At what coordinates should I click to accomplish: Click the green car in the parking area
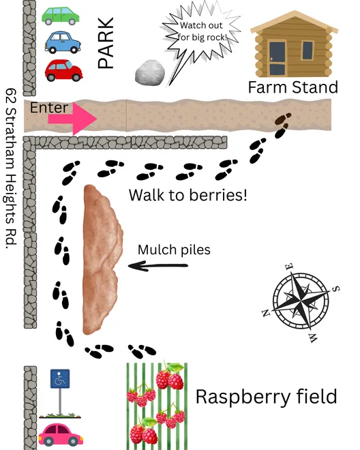tap(61, 16)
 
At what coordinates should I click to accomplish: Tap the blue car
tap(63, 42)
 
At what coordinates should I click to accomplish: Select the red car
tap(63, 70)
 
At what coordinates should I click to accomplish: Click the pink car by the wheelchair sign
tap(61, 434)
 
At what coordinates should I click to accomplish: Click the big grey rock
tap(150, 73)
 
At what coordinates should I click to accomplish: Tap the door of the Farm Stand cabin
tap(277, 59)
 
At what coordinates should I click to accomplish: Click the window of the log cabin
tap(307, 50)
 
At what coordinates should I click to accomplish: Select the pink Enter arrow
tap(73, 119)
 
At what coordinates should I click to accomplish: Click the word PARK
tap(106, 43)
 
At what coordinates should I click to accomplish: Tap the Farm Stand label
tap(292, 87)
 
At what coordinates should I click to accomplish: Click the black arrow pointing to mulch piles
tap(158, 266)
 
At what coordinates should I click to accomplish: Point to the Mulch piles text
tap(174, 250)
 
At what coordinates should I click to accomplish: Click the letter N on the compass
tap(265, 313)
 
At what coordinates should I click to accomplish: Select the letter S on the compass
tap(336, 288)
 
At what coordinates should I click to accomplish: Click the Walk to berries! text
tap(187, 195)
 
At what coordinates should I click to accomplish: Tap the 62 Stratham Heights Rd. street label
tap(11, 168)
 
